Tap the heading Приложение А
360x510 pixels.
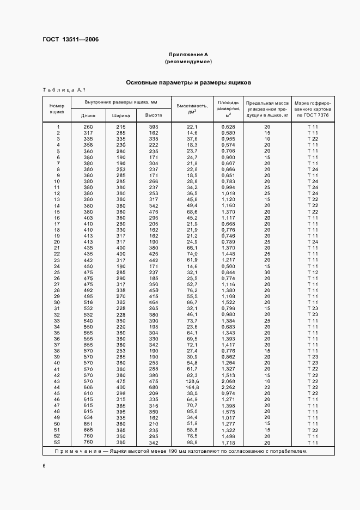(x=188, y=55)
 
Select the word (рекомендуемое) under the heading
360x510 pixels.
(x=188, y=62)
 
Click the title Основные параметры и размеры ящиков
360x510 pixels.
(x=188, y=83)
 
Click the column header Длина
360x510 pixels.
(x=88, y=116)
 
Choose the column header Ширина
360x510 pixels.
(x=121, y=116)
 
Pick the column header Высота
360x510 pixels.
(x=152, y=116)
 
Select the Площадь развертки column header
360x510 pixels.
(x=228, y=108)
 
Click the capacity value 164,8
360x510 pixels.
(x=192, y=387)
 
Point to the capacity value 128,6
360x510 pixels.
(x=192, y=381)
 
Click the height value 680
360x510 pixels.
(x=153, y=387)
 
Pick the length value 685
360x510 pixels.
(x=88, y=429)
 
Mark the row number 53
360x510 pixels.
(x=57, y=442)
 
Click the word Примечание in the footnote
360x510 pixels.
(x=74, y=451)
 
